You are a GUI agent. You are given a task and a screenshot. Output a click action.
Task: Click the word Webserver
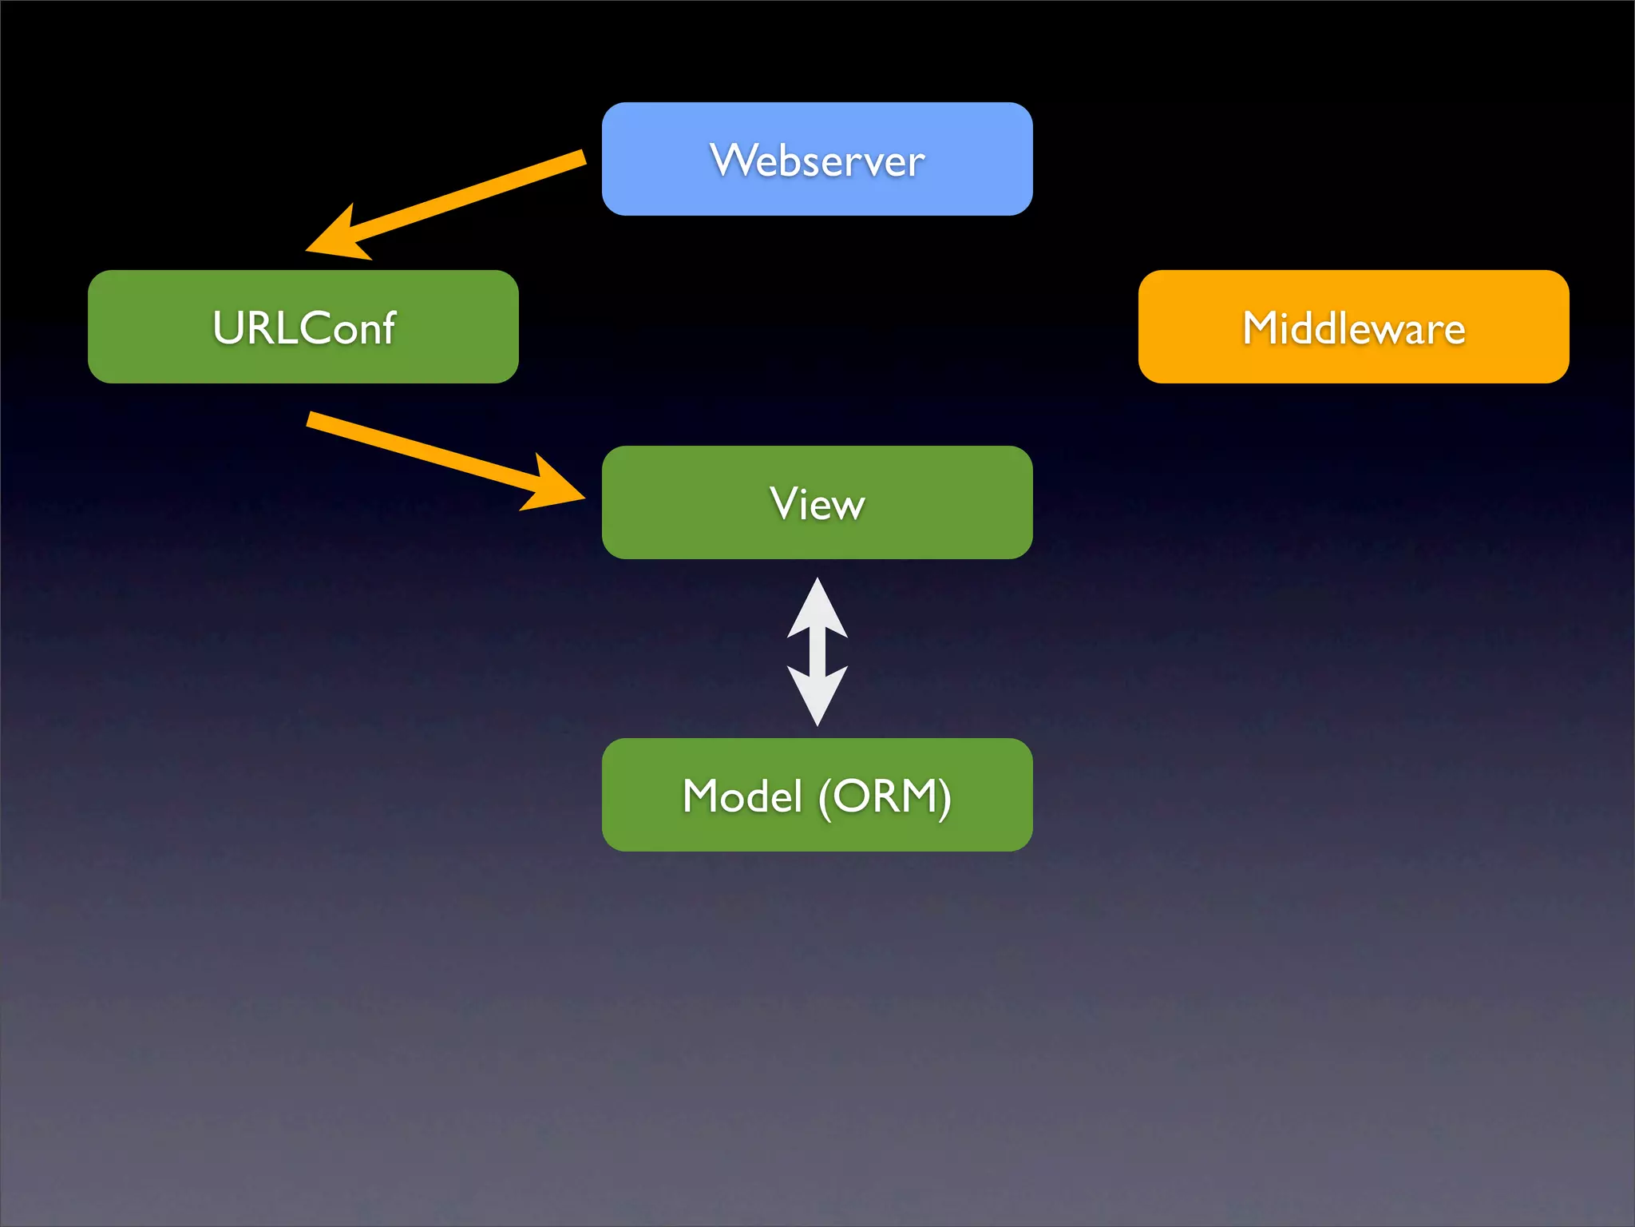817,161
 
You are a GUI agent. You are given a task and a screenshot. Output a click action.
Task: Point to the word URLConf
303,328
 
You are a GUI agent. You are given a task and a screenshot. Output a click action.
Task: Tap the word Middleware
1353,328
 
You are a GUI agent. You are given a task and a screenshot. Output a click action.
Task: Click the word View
817,504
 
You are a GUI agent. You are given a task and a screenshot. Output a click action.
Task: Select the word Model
742,796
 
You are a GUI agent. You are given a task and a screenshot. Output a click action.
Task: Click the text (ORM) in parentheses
885,796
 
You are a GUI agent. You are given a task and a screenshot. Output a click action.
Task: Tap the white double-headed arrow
817,651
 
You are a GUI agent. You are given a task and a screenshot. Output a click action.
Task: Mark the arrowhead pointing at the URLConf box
335,238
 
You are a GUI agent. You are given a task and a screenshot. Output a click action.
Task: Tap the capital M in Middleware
1261,328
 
